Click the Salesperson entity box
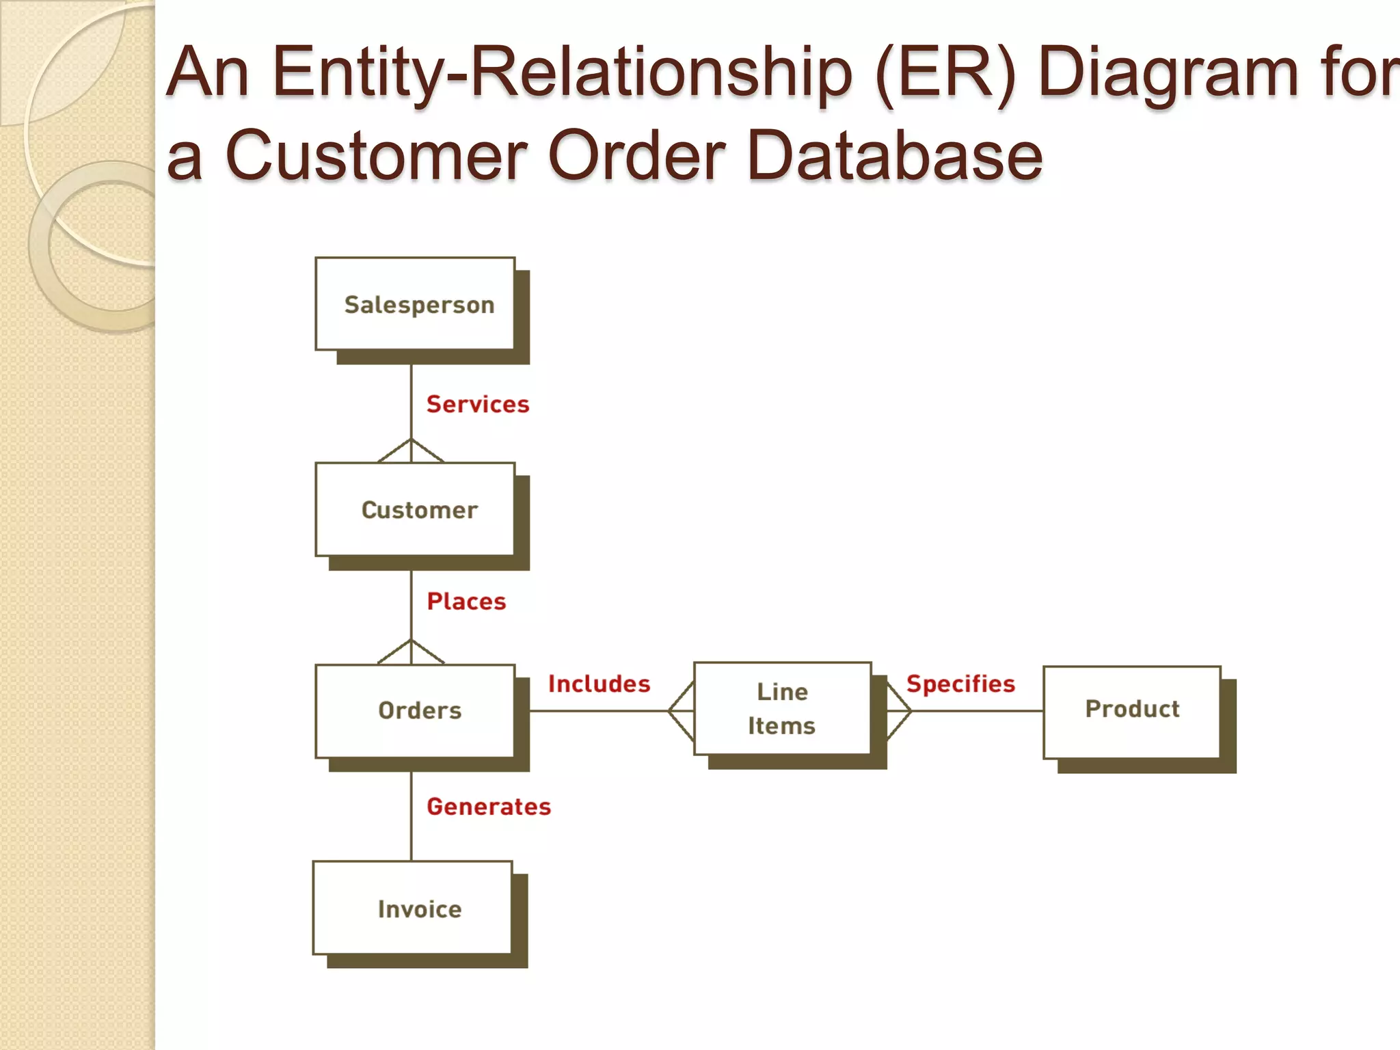click(x=415, y=304)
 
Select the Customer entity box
click(x=415, y=510)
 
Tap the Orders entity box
click(x=415, y=711)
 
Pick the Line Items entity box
click(x=782, y=708)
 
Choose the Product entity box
click(x=1132, y=712)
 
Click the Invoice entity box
click(x=412, y=907)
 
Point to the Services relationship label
click(x=478, y=404)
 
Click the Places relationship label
click(x=466, y=602)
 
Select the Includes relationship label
click(x=599, y=684)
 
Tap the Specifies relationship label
click(x=960, y=684)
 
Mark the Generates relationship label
click(x=489, y=807)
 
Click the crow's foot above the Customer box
click(x=411, y=451)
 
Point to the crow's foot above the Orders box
click(x=411, y=652)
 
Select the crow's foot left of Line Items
click(x=682, y=711)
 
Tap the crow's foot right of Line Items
click(x=898, y=711)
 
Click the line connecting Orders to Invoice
click(x=411, y=817)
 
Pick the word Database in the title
click(x=895, y=156)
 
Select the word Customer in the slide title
click(x=377, y=156)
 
